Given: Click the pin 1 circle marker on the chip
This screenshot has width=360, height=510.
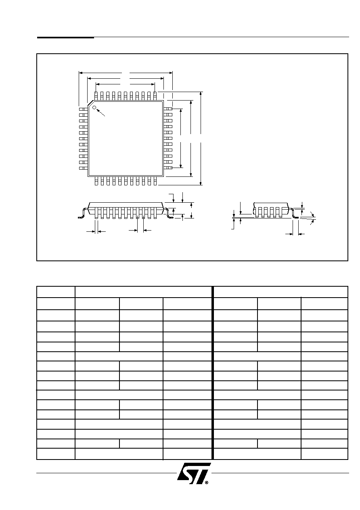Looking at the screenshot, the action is [94, 107].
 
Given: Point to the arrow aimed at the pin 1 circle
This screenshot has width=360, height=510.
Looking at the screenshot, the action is [101, 113].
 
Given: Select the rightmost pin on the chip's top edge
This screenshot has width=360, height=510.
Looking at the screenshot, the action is [155, 96].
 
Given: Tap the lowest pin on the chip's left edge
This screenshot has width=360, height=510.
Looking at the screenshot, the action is [83, 168].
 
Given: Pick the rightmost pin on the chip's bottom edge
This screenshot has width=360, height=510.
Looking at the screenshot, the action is [155, 181].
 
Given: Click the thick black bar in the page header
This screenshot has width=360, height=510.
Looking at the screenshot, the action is [65, 37].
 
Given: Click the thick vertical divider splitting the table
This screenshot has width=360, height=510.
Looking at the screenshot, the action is [213, 373].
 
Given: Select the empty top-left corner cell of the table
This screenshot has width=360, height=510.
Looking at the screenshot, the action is [56, 292].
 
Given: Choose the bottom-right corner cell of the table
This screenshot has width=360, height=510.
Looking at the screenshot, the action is [324, 454].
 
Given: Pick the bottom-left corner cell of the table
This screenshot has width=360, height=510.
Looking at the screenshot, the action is [56, 454].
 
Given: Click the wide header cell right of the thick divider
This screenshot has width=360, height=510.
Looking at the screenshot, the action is [281, 292].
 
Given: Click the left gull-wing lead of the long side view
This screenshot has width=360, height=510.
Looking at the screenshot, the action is [83, 214].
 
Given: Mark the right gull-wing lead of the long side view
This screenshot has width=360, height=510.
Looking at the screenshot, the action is [169, 214].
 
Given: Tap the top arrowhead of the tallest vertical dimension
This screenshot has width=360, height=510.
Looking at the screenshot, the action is [201, 94].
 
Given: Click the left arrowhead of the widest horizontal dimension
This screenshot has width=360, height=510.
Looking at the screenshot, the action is [81, 73].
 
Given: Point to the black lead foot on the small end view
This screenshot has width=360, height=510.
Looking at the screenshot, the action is [297, 218].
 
